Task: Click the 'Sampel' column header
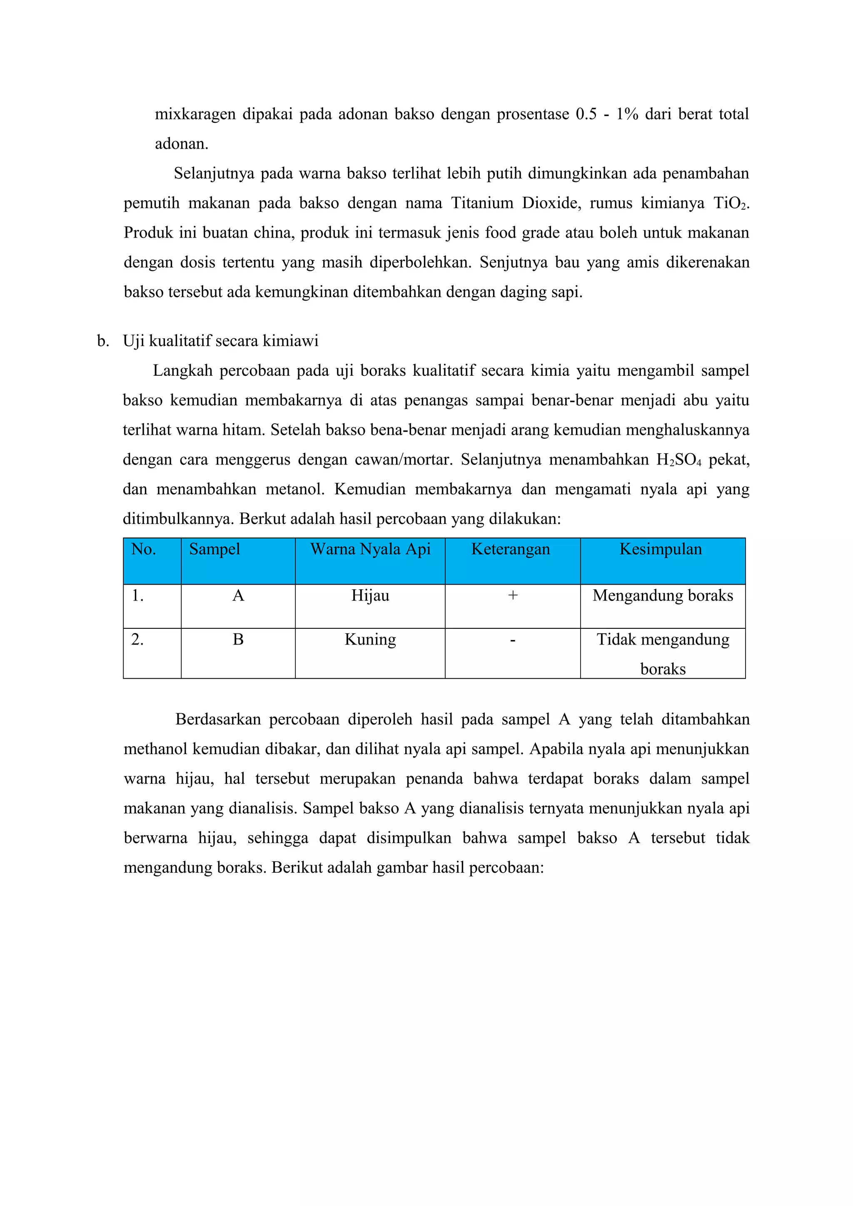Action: point(214,549)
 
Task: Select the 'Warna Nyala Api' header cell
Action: point(370,549)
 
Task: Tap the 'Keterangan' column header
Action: point(510,549)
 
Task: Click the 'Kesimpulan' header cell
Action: point(661,549)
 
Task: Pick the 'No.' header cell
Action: point(143,549)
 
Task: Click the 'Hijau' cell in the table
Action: point(370,596)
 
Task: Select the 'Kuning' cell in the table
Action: point(370,640)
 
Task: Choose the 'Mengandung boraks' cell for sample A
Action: point(663,596)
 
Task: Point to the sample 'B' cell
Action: point(238,640)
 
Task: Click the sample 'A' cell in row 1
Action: point(238,596)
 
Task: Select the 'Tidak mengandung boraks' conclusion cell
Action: point(663,654)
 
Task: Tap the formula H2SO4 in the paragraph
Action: point(678,460)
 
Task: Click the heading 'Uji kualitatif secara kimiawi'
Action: point(221,341)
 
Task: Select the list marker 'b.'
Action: point(103,341)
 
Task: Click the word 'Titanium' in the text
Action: point(482,203)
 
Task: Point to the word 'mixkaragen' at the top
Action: point(195,114)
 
